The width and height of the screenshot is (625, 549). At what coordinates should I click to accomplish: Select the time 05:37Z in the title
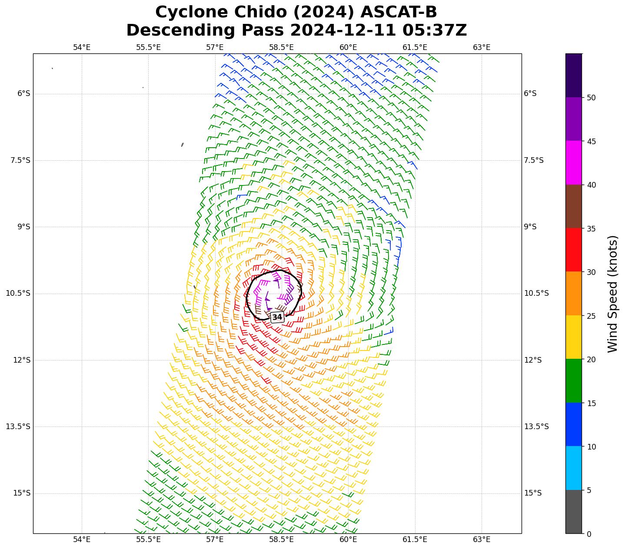pyautogui.click(x=435, y=30)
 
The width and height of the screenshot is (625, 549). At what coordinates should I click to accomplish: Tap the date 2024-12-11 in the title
pyautogui.click(x=343, y=30)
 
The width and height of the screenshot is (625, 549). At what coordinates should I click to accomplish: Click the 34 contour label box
pyautogui.click(x=277, y=317)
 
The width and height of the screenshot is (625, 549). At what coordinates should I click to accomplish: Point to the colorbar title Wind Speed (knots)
pyautogui.click(x=612, y=294)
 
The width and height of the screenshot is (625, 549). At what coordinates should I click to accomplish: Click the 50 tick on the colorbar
pyautogui.click(x=591, y=98)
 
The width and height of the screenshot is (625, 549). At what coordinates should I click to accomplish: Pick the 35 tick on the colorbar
pyautogui.click(x=591, y=229)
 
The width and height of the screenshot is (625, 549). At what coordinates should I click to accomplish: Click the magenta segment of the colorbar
pyautogui.click(x=574, y=163)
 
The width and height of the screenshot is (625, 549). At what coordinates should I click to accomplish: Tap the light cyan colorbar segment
pyautogui.click(x=574, y=468)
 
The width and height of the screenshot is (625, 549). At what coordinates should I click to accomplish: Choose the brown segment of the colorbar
pyautogui.click(x=574, y=207)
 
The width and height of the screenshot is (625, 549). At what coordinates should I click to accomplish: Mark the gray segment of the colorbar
pyautogui.click(x=574, y=512)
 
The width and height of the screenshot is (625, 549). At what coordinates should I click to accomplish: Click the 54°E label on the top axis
pyautogui.click(x=82, y=47)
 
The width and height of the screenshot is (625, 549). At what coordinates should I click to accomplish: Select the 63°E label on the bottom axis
pyautogui.click(x=482, y=539)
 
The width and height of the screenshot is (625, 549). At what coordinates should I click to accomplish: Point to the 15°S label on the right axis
pyautogui.click(x=533, y=493)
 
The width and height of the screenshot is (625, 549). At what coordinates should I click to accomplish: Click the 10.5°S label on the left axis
pyautogui.click(x=18, y=293)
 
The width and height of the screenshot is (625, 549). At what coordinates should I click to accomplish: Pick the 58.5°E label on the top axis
pyautogui.click(x=281, y=47)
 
